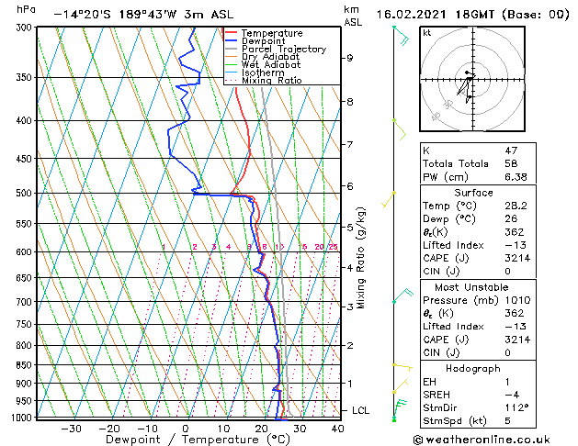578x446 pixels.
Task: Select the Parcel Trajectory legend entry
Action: (283, 50)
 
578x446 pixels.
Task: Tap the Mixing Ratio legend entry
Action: (271, 81)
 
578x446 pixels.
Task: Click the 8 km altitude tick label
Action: (350, 101)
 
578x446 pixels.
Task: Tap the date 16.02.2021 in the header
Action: (414, 14)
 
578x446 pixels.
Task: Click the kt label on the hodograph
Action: (427, 32)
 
